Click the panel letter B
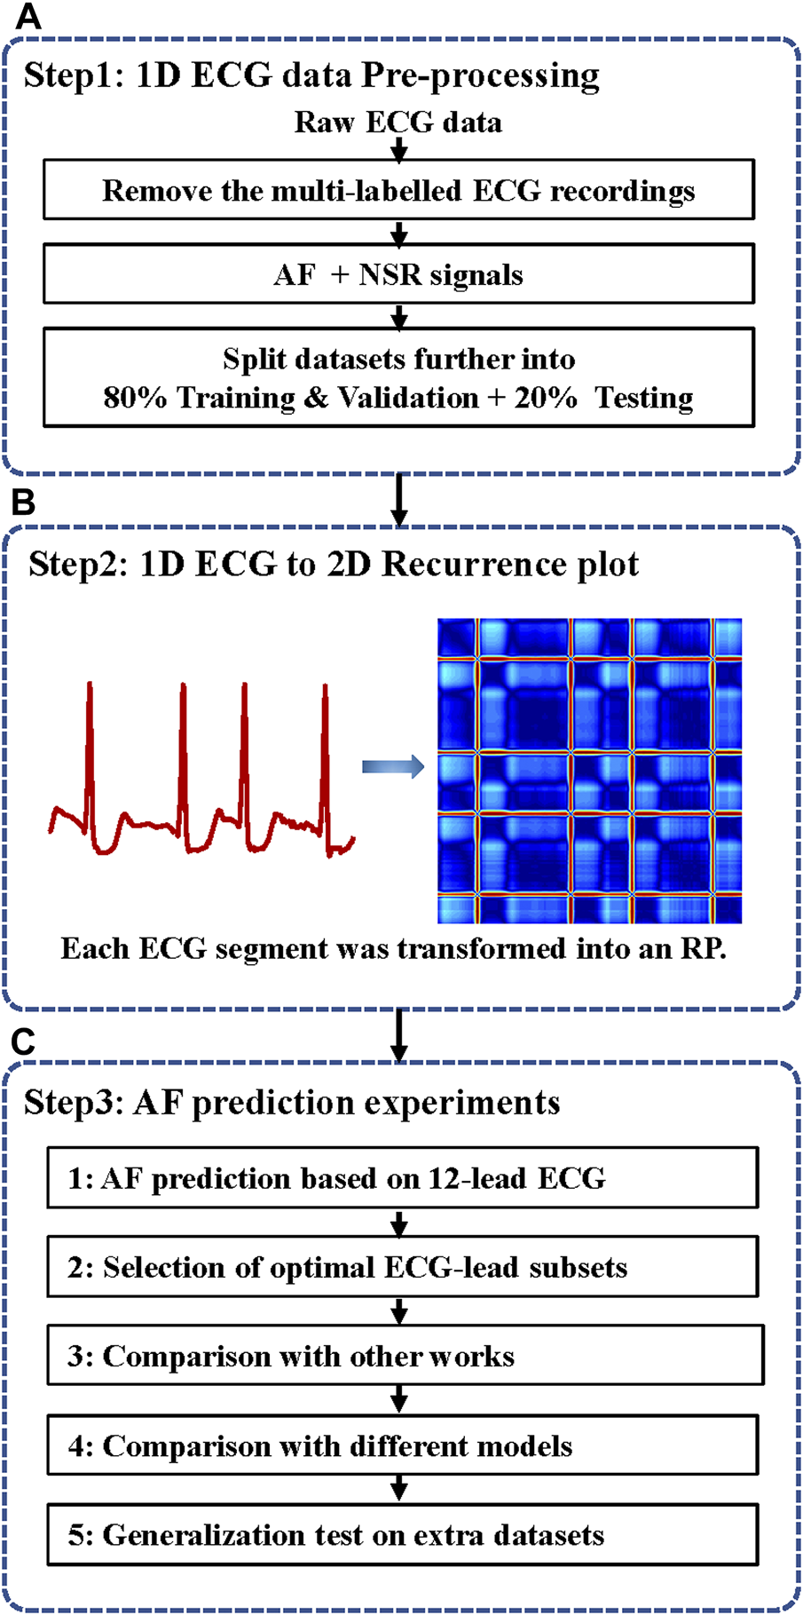(x=23, y=503)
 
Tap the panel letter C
(x=23, y=1041)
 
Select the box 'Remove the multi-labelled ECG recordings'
(x=398, y=190)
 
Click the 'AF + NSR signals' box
(x=398, y=274)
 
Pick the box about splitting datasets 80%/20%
(x=398, y=377)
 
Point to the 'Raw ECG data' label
(x=398, y=122)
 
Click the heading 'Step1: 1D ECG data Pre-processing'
(x=311, y=75)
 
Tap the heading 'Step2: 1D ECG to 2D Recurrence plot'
(x=334, y=564)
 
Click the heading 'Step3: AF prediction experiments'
(x=292, y=1102)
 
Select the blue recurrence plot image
(x=589, y=771)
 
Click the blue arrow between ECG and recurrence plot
(x=393, y=766)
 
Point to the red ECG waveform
(x=201, y=769)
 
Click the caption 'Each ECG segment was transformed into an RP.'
(x=393, y=948)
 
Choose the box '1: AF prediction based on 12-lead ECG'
(x=402, y=1178)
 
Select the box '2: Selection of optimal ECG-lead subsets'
(x=402, y=1267)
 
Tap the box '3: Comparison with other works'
(x=405, y=1356)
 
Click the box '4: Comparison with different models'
(x=402, y=1445)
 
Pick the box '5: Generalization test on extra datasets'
(x=402, y=1534)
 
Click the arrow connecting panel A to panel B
(x=399, y=500)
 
